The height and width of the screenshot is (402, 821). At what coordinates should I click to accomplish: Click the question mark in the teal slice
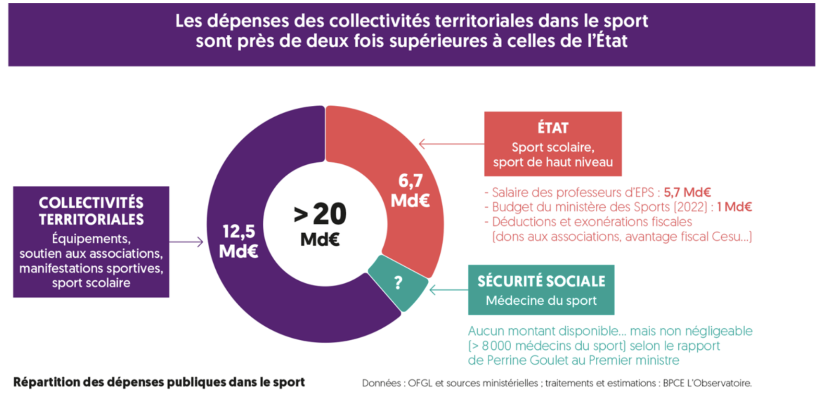pyautogui.click(x=398, y=283)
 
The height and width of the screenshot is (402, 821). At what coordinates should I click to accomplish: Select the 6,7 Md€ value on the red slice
pyautogui.click(x=410, y=191)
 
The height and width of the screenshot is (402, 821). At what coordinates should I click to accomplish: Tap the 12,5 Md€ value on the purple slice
pyautogui.click(x=239, y=241)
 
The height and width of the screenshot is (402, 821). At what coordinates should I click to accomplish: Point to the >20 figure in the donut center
pyautogui.click(x=321, y=214)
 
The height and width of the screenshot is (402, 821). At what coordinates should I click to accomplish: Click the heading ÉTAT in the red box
pyautogui.click(x=553, y=128)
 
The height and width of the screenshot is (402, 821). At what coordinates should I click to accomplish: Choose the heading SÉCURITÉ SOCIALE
pyautogui.click(x=541, y=281)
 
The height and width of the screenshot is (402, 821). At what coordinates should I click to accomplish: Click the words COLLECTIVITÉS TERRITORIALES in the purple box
pyautogui.click(x=91, y=211)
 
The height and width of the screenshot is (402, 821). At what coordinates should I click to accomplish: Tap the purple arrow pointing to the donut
pyautogui.click(x=186, y=242)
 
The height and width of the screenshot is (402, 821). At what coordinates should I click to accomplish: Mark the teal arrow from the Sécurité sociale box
pyautogui.click(x=448, y=290)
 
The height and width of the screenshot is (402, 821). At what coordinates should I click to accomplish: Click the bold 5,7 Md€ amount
pyautogui.click(x=687, y=192)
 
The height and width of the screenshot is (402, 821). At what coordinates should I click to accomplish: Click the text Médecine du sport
pyautogui.click(x=541, y=300)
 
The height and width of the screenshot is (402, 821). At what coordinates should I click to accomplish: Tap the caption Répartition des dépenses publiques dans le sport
pyautogui.click(x=159, y=382)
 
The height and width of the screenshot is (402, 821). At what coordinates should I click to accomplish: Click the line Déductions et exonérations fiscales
pyautogui.click(x=592, y=222)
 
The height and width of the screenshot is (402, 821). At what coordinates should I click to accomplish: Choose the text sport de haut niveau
pyautogui.click(x=553, y=162)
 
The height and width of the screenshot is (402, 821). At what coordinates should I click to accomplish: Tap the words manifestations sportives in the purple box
pyautogui.click(x=91, y=268)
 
